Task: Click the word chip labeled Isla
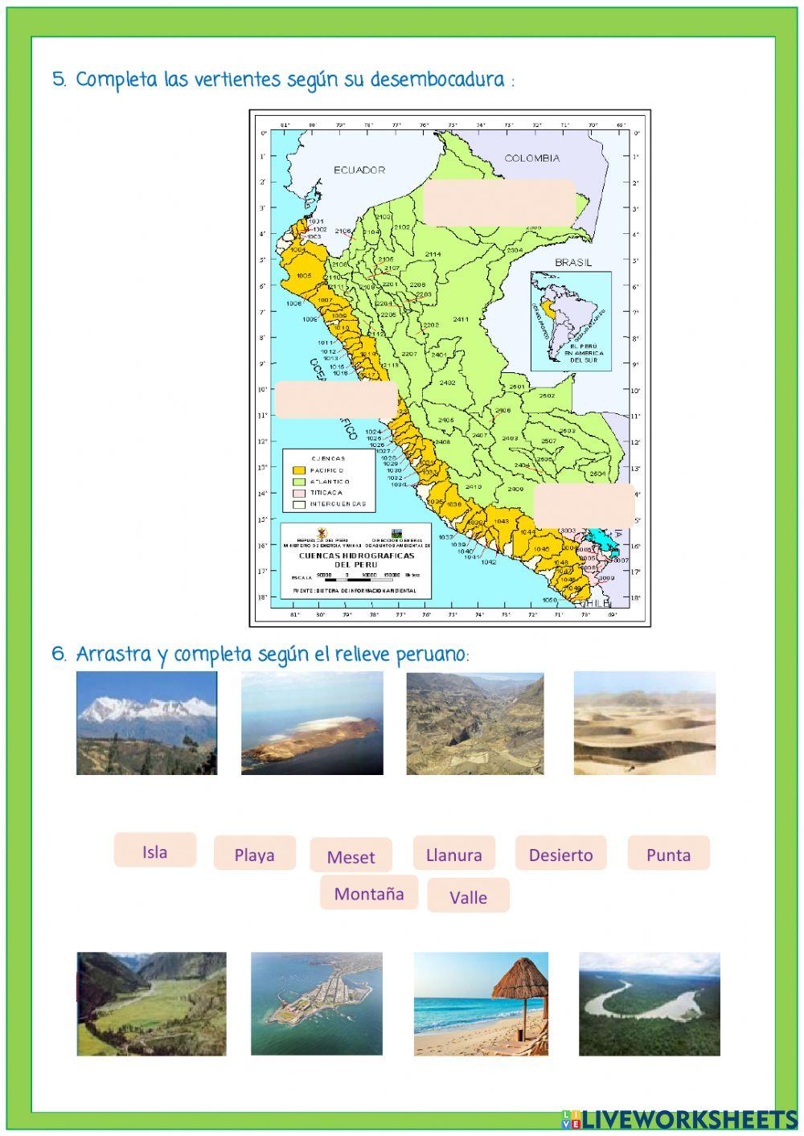click(154, 851)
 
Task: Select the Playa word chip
click(254, 854)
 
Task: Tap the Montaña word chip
click(369, 893)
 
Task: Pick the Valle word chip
click(468, 896)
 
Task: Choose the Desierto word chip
click(560, 854)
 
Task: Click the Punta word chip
click(668, 854)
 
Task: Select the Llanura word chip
click(453, 854)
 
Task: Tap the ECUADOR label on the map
click(359, 170)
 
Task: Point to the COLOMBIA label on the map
click(531, 158)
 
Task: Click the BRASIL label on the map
click(573, 262)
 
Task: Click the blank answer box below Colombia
click(498, 202)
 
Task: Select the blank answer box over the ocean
click(336, 400)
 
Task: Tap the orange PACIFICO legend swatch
click(300, 469)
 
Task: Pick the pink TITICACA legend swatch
click(300, 492)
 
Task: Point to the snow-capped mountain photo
click(146, 723)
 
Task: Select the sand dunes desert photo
click(644, 723)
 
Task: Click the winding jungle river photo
click(649, 1003)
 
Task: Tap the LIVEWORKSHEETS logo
click(679, 1118)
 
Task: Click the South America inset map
click(570, 320)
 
